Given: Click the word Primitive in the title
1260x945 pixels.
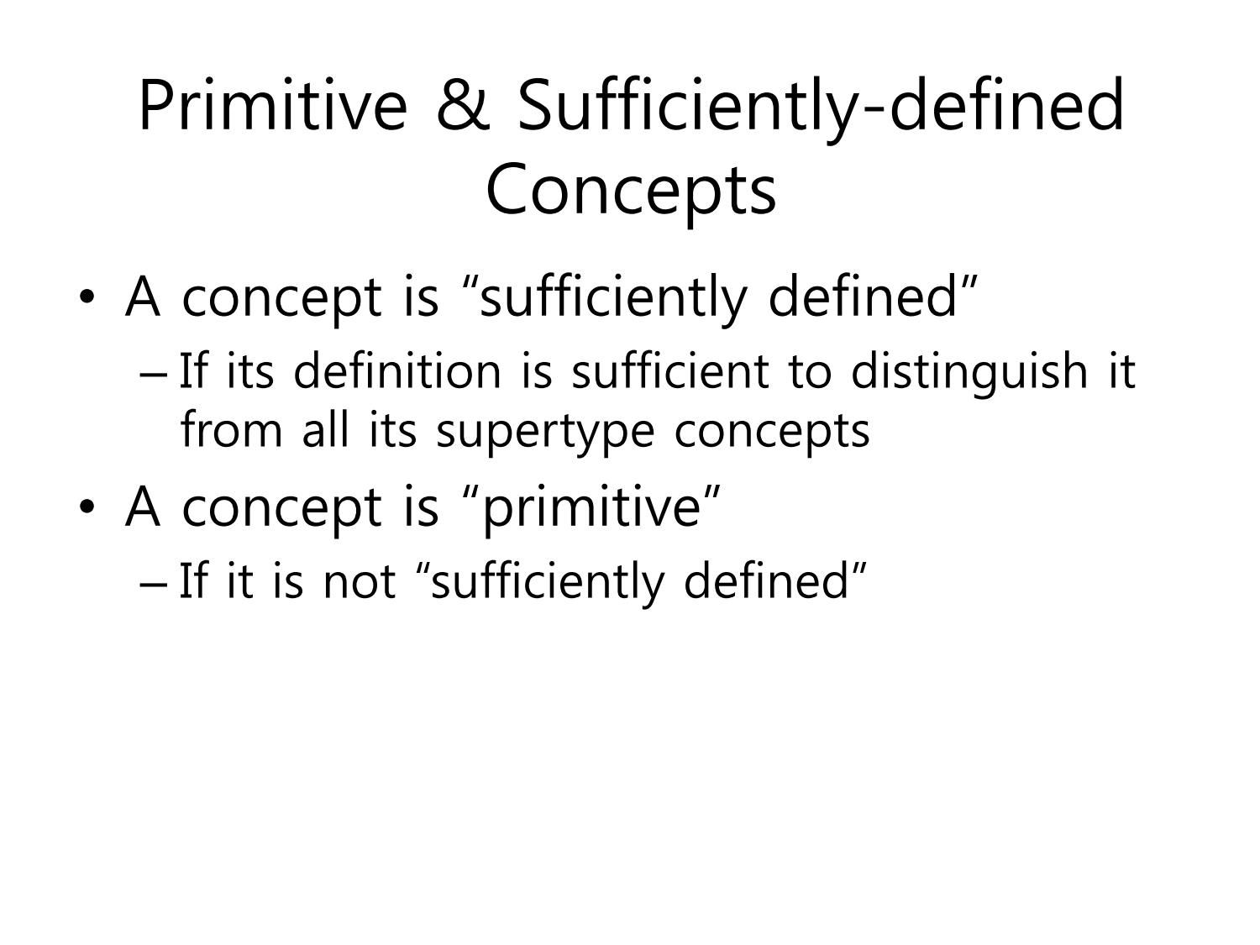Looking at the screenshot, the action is point(273,106).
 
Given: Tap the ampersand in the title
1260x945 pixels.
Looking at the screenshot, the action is point(463,106).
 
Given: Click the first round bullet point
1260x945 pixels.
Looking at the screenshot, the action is point(87,297).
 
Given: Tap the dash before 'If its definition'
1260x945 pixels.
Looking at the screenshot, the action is point(153,375).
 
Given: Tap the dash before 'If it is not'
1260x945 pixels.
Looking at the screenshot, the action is point(153,585).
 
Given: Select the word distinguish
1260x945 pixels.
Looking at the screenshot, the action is point(969,373).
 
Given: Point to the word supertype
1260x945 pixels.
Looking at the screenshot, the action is point(545,432).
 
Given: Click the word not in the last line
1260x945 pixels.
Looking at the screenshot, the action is point(360,581).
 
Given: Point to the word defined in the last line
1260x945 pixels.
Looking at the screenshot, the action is point(766,580).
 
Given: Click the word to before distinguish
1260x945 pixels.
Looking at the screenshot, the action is point(810,372).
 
